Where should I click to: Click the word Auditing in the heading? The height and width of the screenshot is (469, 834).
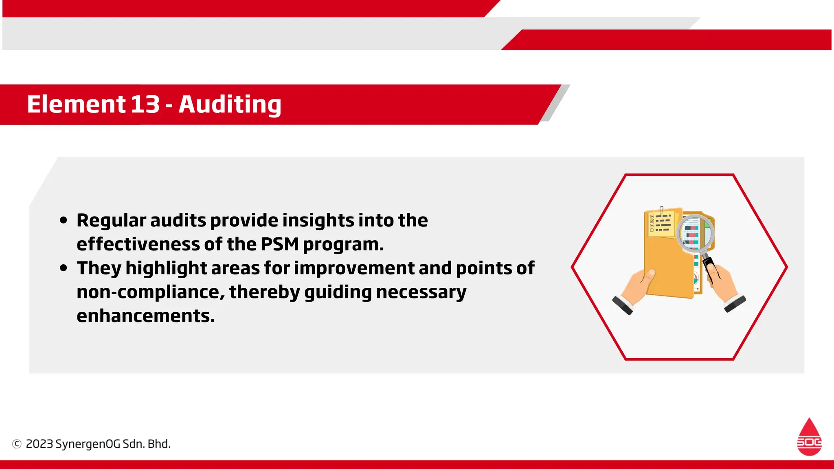[x=230, y=104]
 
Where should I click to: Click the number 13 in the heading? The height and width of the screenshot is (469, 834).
[x=145, y=104]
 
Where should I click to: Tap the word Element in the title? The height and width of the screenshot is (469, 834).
[x=76, y=104]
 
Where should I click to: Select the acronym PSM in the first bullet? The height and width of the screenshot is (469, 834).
[x=279, y=244]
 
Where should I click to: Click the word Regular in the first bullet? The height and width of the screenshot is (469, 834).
[x=111, y=220]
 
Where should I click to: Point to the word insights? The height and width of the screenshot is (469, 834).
[x=318, y=220]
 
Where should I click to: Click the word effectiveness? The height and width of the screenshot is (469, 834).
[x=138, y=244]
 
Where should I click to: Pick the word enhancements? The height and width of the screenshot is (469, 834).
[x=145, y=316]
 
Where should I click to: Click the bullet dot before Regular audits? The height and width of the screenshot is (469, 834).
[x=63, y=220]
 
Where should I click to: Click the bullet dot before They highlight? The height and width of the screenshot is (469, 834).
[x=63, y=268]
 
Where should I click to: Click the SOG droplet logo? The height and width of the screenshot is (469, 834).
[x=809, y=437]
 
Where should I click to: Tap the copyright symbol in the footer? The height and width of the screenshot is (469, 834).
[x=17, y=444]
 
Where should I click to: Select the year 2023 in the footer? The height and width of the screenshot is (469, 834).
[x=40, y=444]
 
